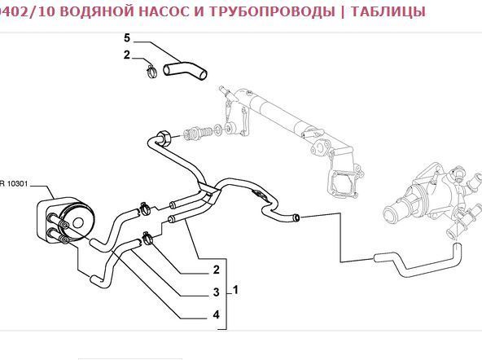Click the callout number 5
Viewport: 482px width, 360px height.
coord(127,38)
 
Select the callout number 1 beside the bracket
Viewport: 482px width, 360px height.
coord(235,290)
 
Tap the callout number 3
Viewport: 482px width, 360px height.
coord(216,292)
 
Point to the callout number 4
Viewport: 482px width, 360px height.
coord(216,315)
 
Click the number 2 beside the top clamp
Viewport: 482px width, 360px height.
coord(127,55)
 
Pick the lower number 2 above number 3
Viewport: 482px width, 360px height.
coord(216,270)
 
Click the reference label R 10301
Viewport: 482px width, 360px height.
coord(14,184)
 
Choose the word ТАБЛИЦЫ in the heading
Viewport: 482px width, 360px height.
coord(388,11)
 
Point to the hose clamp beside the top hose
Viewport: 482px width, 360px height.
coord(151,71)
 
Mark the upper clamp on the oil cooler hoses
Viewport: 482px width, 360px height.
coord(144,209)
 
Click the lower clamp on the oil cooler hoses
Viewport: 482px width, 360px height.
coord(147,239)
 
